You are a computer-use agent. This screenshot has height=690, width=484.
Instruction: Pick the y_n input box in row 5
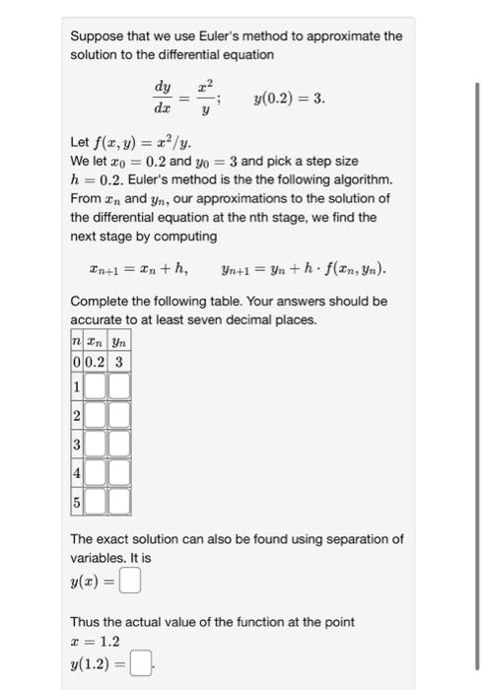coord(119,505)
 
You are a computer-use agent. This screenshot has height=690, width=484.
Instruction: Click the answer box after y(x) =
coord(131,584)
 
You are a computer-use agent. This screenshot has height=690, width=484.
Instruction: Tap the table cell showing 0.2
coord(95,362)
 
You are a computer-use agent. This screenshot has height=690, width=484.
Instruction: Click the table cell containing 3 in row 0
coord(120,362)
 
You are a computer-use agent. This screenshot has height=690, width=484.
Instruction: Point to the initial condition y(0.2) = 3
coord(289,101)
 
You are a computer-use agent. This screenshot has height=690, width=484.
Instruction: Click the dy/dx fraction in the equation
coord(165,101)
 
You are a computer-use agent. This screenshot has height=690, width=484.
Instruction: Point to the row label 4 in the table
coord(76,475)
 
